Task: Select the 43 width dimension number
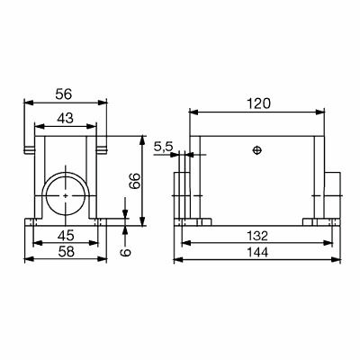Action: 64,117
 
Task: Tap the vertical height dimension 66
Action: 136,180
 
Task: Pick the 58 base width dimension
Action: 65,253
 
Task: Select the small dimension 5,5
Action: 164,146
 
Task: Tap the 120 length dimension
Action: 258,104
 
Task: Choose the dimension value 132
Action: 258,237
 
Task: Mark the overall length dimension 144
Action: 258,253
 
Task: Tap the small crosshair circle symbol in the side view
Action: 258,149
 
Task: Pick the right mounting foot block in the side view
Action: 319,221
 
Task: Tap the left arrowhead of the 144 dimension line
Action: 175,259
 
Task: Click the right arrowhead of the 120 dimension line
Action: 321,112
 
